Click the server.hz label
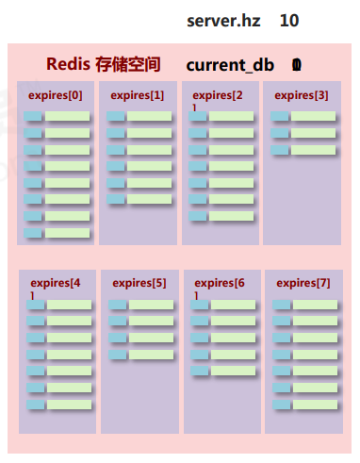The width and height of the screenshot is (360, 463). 223,21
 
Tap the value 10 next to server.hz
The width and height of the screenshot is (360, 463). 289,21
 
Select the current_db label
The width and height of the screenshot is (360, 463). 230,65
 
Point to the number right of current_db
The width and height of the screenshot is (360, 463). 297,65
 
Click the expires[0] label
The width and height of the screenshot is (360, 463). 55,95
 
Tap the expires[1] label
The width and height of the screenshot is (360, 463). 137,95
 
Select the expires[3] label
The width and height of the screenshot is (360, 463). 302,95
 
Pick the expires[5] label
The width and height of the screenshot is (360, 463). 139,282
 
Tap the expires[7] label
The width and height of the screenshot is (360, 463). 303,282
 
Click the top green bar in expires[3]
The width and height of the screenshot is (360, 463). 313,117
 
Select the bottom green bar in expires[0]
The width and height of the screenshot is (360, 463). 68,233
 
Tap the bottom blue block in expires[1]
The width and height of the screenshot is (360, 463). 116,199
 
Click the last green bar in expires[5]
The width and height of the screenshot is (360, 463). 151,355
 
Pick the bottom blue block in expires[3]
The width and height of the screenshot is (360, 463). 280,150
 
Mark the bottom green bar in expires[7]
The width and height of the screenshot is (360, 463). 315,405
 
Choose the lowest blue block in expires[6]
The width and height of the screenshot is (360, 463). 199,371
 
